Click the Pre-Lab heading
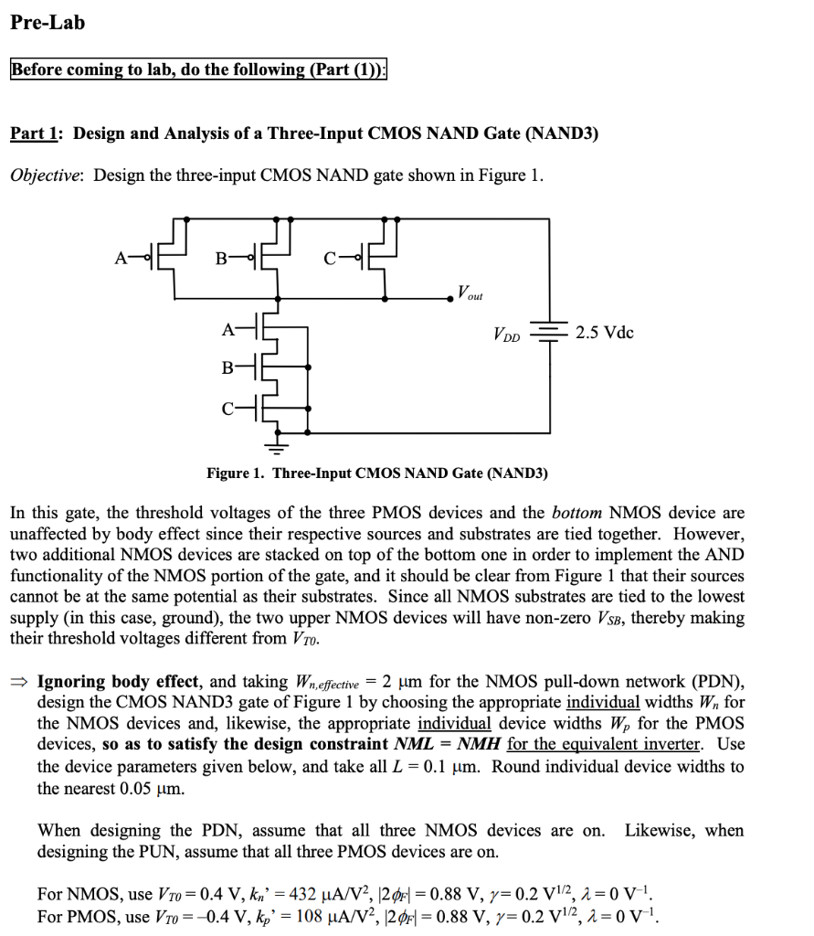point(48,23)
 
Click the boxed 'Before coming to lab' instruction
point(198,70)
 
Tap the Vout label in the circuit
point(470,294)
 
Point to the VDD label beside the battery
point(506,333)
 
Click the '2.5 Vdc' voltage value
point(605,332)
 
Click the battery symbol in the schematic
point(550,333)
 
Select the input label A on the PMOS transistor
point(121,258)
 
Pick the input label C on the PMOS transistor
point(330,258)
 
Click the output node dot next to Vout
point(449,298)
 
